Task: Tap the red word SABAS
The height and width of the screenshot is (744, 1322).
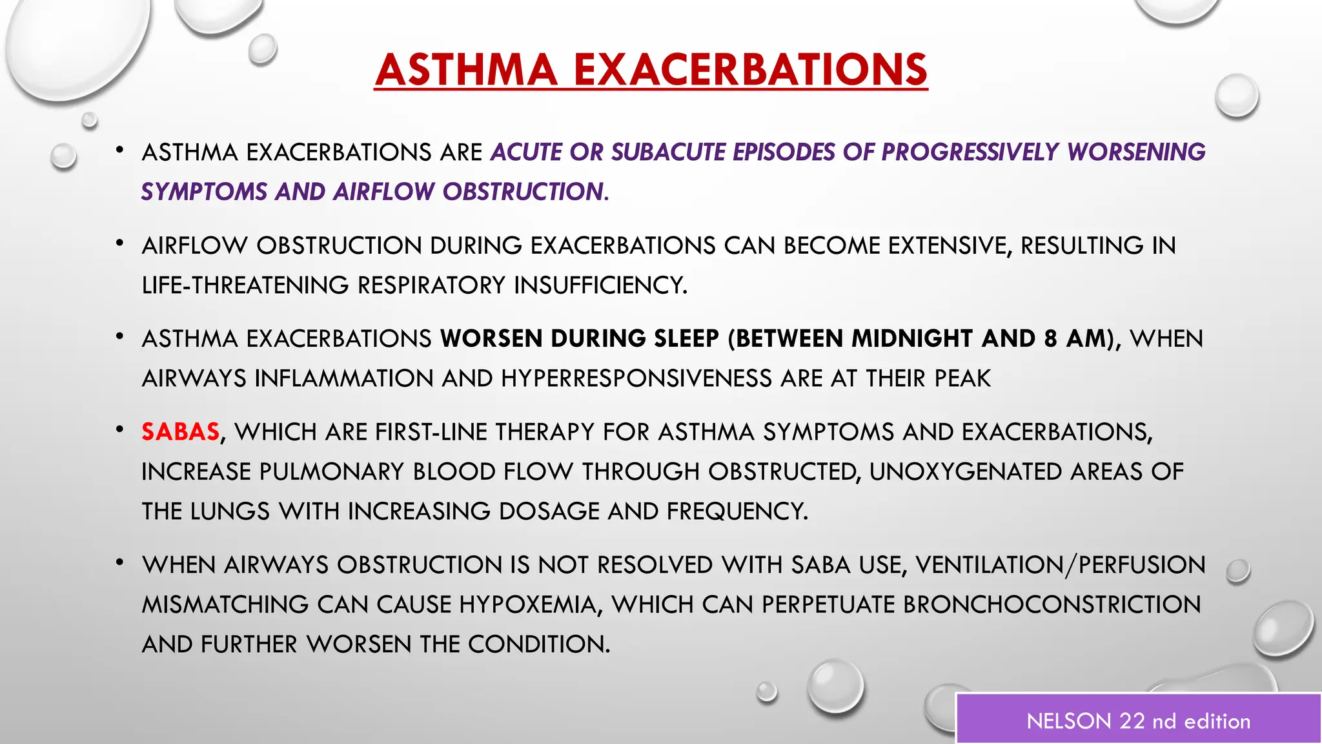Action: [x=181, y=431]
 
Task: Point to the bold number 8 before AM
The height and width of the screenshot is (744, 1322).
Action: [x=1051, y=338]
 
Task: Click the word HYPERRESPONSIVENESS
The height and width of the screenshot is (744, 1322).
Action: [x=636, y=378]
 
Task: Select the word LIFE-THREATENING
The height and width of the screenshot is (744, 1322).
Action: [x=245, y=285]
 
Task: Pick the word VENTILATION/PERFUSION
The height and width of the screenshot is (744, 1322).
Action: [x=1060, y=565]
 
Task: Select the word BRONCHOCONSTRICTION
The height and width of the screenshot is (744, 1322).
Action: [x=1052, y=604]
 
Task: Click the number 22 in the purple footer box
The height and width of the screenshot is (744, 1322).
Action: [x=1132, y=721]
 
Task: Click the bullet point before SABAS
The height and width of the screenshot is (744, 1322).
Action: [x=119, y=429]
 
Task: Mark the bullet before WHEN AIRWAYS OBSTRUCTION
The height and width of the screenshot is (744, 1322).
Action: [x=119, y=563]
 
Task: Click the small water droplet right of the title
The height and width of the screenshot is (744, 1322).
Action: [x=1236, y=96]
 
